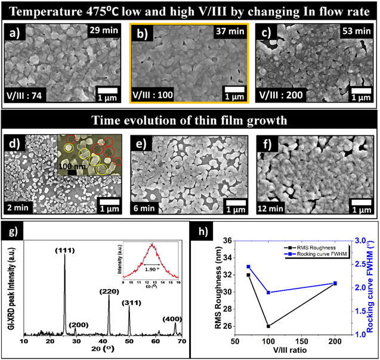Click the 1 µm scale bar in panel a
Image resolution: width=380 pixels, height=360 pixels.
tap(107, 92)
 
